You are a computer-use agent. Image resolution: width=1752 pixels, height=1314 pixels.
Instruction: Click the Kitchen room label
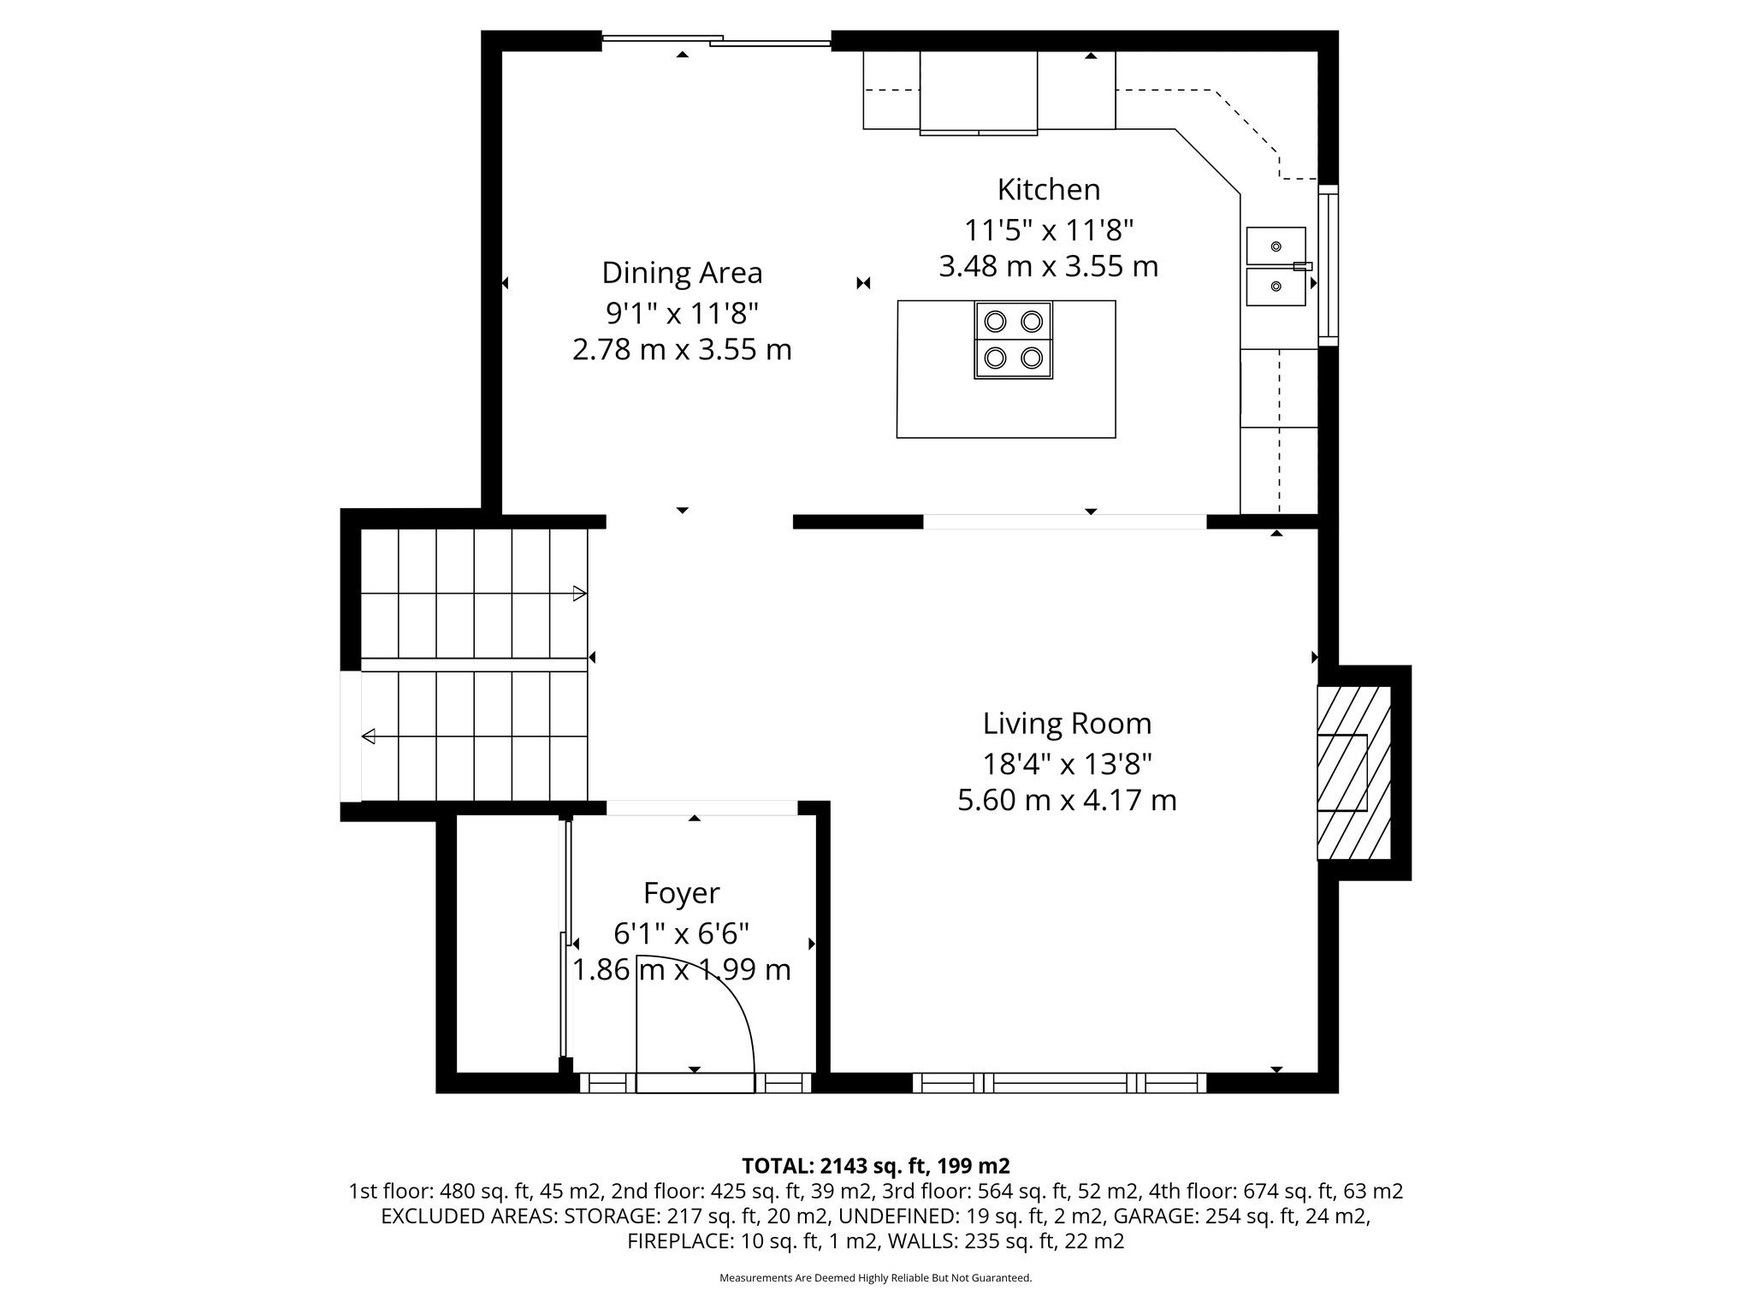1048,189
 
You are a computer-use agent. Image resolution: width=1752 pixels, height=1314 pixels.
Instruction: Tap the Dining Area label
682,273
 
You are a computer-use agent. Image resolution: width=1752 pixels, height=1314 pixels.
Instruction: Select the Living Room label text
1067,724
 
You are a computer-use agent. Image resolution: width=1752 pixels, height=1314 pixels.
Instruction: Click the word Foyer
681,893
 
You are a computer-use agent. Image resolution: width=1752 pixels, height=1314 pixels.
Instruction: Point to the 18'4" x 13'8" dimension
1067,763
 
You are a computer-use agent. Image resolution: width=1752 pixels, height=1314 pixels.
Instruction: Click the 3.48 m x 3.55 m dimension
1048,267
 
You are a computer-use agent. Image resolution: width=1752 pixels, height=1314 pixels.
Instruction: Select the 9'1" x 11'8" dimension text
682,313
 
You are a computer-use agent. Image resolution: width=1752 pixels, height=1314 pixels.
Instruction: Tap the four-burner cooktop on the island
1013,340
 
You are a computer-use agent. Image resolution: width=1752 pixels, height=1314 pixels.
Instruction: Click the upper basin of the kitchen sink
1276,246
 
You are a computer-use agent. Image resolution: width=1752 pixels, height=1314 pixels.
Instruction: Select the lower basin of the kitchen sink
1276,287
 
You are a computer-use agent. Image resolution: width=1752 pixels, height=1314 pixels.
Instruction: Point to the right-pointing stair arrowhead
579,593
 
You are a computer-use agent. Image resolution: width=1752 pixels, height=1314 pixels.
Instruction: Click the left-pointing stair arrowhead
369,736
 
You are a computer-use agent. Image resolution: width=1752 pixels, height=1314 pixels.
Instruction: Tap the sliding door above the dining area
717,38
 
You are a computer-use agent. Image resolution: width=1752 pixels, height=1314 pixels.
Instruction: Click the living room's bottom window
1059,1083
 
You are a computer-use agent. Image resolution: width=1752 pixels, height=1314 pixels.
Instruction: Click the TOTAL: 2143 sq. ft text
876,1166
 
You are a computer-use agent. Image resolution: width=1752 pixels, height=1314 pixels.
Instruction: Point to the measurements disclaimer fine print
875,1278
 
